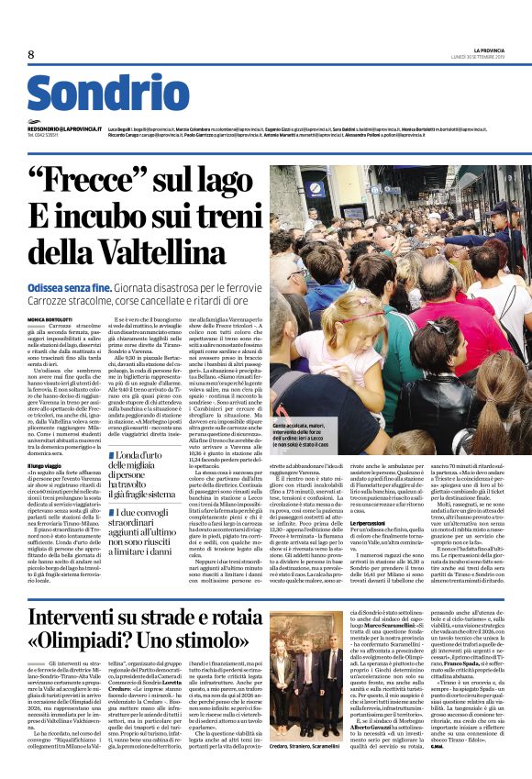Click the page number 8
click(32, 54)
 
